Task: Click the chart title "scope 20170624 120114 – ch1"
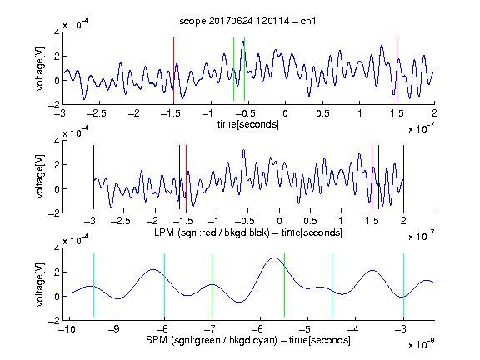tap(247, 21)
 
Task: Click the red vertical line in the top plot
tap(173, 70)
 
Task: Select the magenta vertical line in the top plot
tap(397, 70)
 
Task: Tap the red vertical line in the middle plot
tap(186, 177)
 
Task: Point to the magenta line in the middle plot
tap(372, 177)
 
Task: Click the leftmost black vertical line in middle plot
tap(93, 177)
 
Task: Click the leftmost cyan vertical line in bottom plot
tap(93, 285)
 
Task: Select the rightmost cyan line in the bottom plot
tap(404, 285)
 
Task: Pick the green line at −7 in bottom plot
tap(212, 285)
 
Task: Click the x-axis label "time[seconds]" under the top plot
tap(248, 124)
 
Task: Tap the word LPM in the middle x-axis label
tap(164, 232)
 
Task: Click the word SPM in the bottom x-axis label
tap(157, 340)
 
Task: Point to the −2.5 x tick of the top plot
tap(97, 113)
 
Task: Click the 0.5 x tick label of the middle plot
tap(310, 221)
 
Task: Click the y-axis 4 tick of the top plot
tap(57, 32)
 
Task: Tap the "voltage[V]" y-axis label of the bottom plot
tap(40, 284)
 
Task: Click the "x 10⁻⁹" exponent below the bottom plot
tap(421, 343)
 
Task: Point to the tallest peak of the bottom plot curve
tap(274, 257)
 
